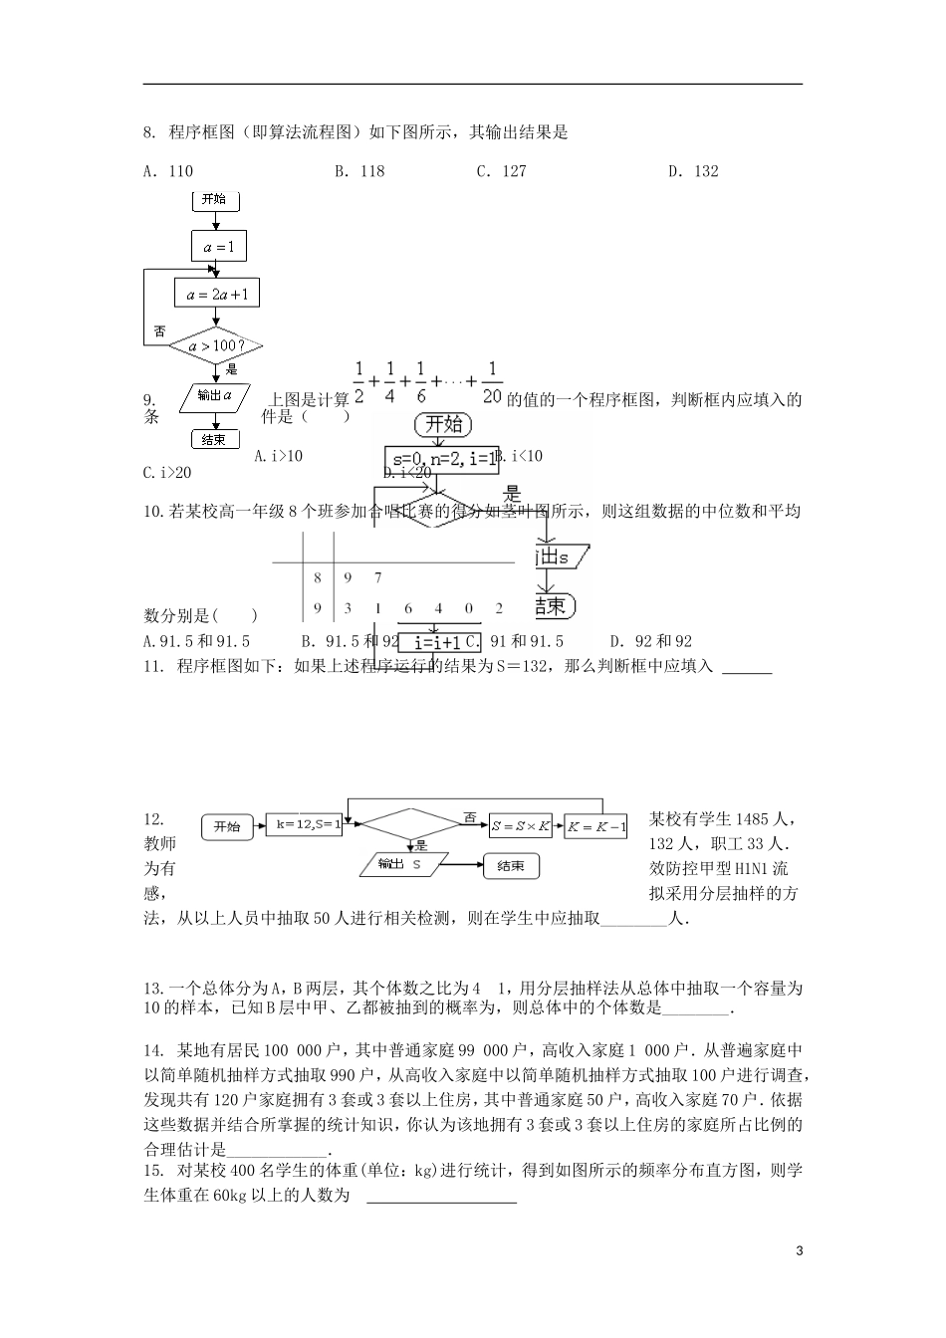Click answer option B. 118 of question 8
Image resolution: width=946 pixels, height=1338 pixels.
359,171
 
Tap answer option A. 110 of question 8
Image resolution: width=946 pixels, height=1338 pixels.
168,171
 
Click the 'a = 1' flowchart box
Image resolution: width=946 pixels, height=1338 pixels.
218,247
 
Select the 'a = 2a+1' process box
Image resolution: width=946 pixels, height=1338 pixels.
217,293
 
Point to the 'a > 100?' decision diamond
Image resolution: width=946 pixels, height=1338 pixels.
214,346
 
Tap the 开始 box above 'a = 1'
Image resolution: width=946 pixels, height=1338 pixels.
214,200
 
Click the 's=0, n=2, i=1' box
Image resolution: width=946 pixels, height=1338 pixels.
443,459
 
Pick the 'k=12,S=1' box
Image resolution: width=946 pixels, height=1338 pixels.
306,825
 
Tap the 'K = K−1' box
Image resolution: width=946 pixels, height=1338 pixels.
596,826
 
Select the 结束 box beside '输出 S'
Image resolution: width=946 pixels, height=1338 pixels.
511,865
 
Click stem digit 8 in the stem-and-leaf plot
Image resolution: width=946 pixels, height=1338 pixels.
318,577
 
